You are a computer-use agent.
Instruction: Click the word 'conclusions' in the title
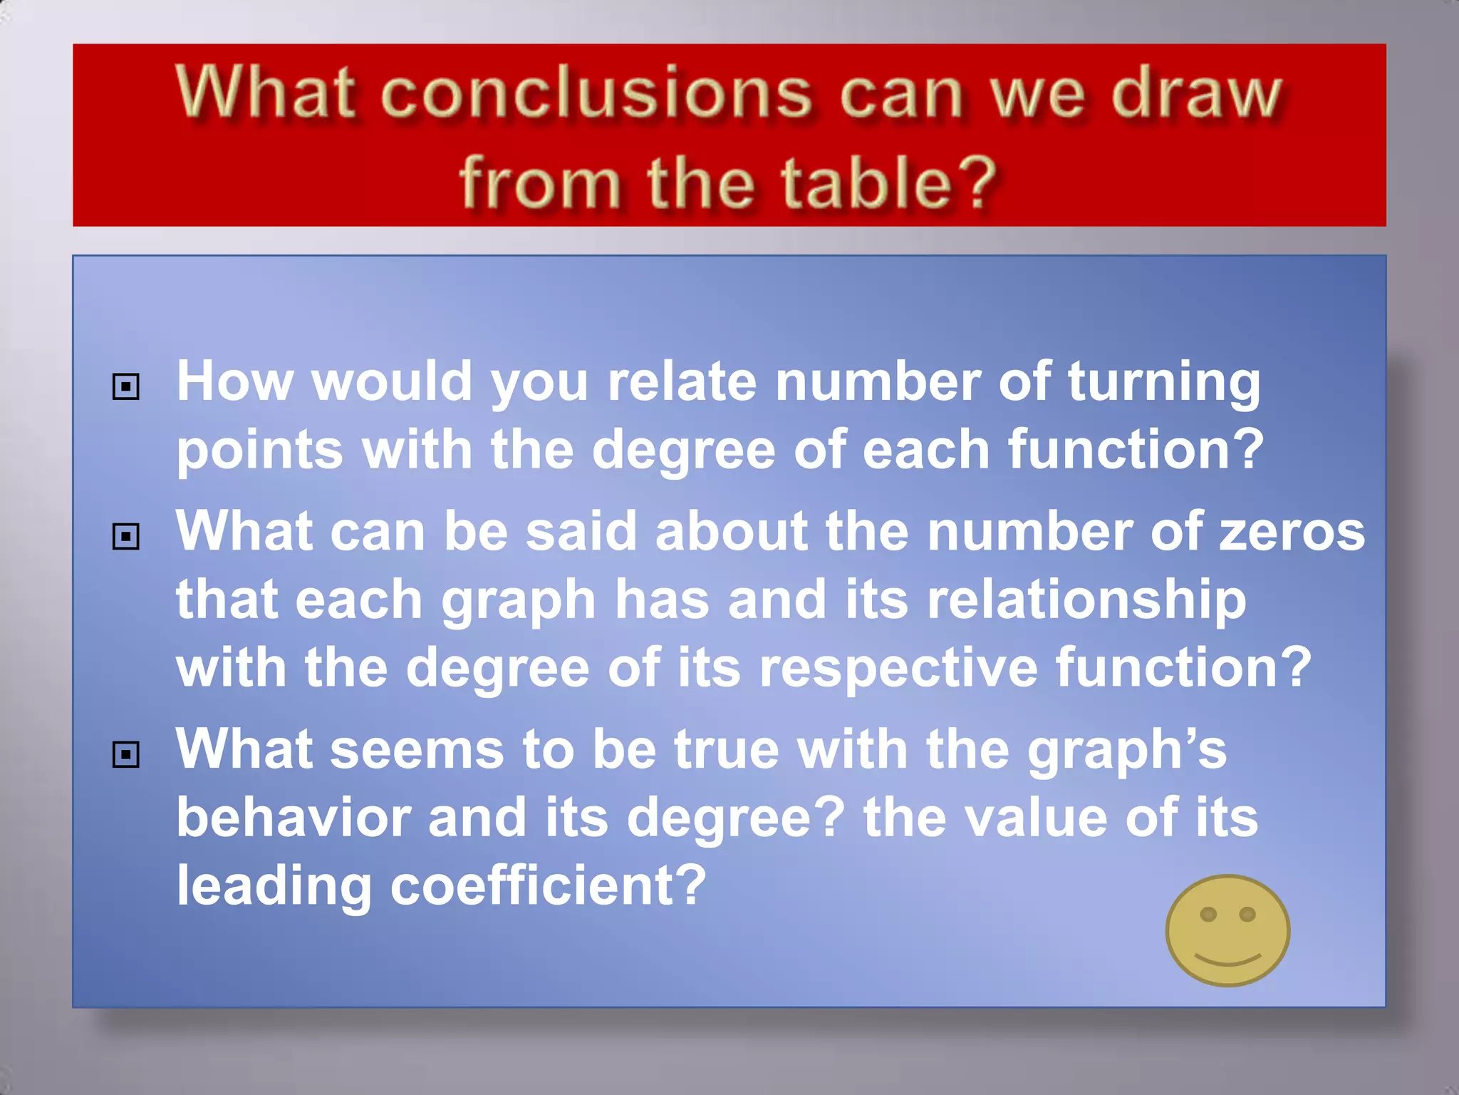click(x=596, y=94)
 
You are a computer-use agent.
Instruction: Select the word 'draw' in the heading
click(x=1197, y=94)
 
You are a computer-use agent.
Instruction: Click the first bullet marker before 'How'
click(x=125, y=387)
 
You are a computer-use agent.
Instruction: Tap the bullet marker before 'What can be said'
click(x=125, y=537)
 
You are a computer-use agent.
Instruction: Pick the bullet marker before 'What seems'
click(x=125, y=754)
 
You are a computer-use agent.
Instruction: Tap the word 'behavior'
click(x=293, y=818)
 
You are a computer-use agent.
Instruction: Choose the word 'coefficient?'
click(x=548, y=886)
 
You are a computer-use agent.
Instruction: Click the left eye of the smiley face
click(x=1208, y=914)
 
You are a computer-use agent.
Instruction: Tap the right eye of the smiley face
click(x=1247, y=914)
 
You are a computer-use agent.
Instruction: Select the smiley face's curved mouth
click(x=1227, y=960)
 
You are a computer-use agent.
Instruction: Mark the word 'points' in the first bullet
click(x=260, y=451)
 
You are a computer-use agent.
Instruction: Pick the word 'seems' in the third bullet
click(x=417, y=750)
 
